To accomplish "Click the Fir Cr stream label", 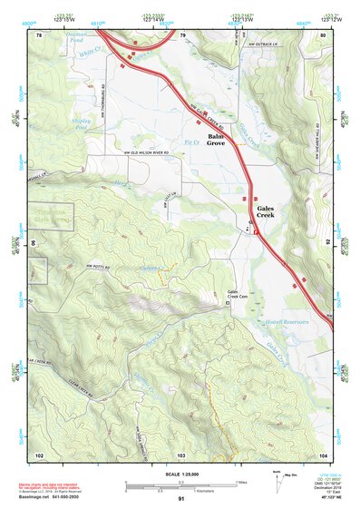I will [x=190, y=142].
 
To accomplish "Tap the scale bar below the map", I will [x=180, y=487].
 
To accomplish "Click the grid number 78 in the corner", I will [x=39, y=34].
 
